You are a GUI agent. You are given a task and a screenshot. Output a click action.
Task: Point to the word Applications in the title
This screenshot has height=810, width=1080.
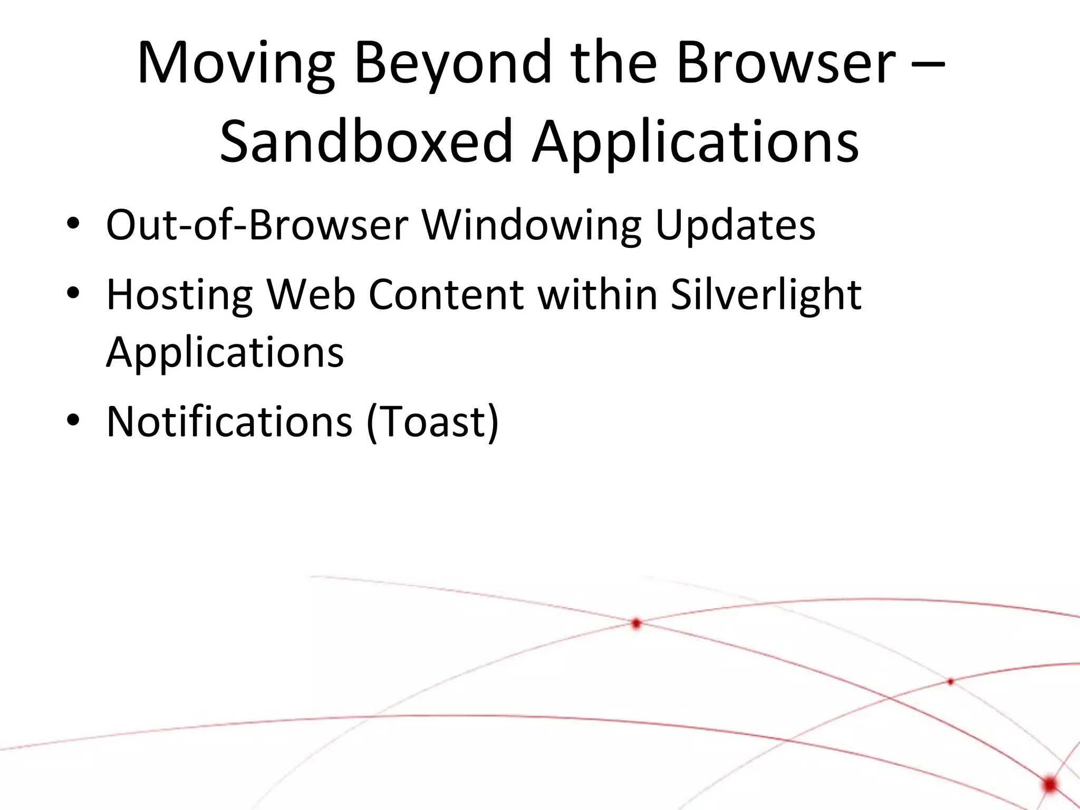(x=695, y=141)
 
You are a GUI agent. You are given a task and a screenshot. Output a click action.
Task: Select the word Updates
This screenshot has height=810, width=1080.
(x=735, y=226)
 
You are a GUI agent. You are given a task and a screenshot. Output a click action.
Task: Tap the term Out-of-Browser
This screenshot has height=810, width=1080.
(x=257, y=226)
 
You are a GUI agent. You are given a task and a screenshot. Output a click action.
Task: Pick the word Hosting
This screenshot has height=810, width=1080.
(x=180, y=295)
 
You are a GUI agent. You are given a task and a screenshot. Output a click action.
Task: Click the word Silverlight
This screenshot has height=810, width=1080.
(x=766, y=295)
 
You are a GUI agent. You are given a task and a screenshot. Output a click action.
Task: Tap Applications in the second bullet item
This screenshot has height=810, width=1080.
(x=225, y=352)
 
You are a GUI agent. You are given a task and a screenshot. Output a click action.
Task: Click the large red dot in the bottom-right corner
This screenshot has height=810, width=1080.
(x=1050, y=784)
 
